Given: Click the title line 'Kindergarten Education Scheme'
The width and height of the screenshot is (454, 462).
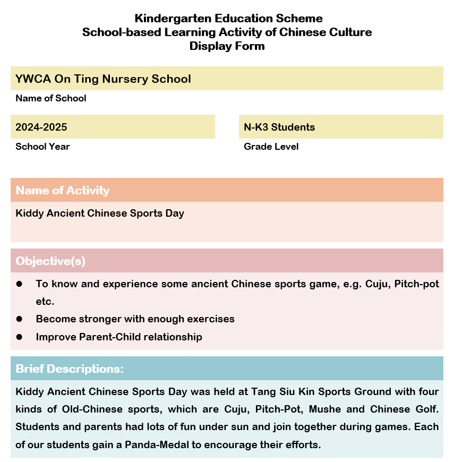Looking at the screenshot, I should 228,19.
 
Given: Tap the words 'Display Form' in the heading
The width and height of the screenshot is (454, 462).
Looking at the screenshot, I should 227,46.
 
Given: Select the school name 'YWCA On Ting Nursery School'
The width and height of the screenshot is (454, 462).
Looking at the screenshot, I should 103,79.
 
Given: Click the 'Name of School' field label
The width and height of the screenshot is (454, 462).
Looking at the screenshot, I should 51,98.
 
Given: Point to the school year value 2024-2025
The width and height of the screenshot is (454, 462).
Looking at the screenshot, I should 41,127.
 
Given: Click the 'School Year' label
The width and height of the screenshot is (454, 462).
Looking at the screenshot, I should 42,147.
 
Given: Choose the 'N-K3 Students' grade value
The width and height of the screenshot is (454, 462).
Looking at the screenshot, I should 279,127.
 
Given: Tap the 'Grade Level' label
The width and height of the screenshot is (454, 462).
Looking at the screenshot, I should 271,147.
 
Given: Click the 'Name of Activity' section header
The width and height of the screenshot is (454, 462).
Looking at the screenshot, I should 63,191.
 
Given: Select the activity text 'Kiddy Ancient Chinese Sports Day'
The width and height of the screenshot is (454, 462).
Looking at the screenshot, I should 100,213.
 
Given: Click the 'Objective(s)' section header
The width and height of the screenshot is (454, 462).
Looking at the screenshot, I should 50,261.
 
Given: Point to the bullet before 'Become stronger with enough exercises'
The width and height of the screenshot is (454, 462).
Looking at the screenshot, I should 19,319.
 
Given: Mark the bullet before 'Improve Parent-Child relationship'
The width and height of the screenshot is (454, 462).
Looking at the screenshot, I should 19,337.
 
